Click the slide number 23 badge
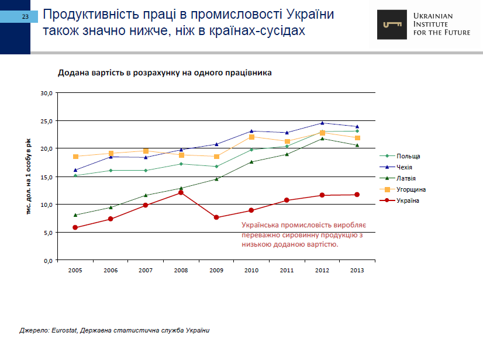[x=25, y=16]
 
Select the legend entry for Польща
[x=408, y=156]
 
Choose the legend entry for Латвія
[x=406, y=178]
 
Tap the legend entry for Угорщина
[x=410, y=189]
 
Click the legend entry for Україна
[x=408, y=200]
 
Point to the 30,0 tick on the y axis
[x=46, y=93]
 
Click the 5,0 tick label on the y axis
[x=48, y=233]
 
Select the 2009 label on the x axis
[x=216, y=271]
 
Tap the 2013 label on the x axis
[x=357, y=271]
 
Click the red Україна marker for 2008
[x=181, y=192]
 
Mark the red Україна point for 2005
[x=75, y=227]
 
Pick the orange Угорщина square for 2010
[x=251, y=137]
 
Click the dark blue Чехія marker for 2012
[x=322, y=123]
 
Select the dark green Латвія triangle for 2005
[x=75, y=215]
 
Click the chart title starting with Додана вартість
[x=164, y=73]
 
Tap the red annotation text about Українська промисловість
[x=302, y=234]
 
